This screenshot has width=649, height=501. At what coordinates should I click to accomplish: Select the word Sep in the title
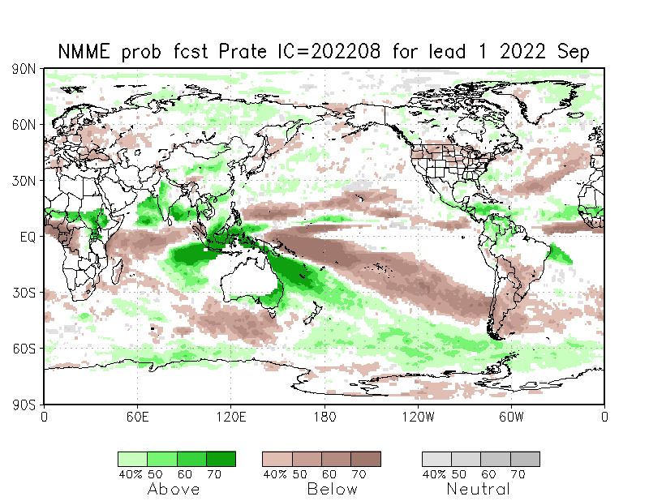point(573,51)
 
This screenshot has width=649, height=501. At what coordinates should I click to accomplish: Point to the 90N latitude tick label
point(24,70)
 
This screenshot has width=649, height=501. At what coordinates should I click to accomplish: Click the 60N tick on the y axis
point(24,125)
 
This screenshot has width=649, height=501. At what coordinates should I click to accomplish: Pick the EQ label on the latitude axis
point(28,237)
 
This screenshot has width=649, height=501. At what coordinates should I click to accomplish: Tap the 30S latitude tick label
point(24,293)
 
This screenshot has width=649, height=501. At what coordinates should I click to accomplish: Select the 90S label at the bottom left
point(24,404)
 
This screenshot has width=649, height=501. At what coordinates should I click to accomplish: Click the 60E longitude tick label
point(137,417)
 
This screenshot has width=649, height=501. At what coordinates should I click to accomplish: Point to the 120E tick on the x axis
point(230,417)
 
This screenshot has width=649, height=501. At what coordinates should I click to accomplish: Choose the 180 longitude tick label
point(324,417)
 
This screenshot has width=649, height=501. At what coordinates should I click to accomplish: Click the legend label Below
point(333,489)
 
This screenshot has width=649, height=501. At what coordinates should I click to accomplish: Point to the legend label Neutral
point(479,489)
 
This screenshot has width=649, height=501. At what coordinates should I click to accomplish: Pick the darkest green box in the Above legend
point(221,459)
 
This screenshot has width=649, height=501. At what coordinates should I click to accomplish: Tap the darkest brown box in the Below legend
point(366,459)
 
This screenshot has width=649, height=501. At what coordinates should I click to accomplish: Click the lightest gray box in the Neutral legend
point(436,459)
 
